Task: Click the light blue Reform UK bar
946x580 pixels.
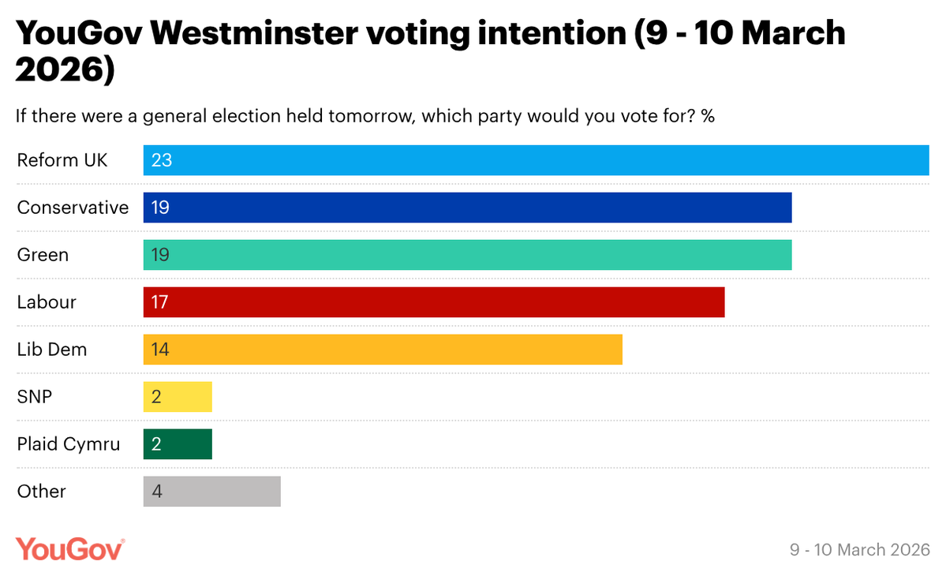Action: (537, 160)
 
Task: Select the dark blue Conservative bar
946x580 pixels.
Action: (467, 208)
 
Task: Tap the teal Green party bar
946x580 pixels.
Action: (467, 255)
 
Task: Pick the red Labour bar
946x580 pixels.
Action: (434, 302)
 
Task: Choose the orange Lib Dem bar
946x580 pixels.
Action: (383, 350)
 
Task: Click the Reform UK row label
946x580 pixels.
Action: (62, 160)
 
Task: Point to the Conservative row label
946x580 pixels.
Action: (73, 208)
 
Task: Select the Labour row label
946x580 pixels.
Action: (47, 302)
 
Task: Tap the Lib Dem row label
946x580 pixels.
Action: (52, 350)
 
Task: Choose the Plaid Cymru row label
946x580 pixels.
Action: (69, 444)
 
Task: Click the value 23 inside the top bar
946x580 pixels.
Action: (162, 160)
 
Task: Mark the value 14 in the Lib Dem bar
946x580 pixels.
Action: (161, 350)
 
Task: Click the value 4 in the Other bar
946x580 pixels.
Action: (157, 492)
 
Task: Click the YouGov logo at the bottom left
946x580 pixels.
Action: (70, 548)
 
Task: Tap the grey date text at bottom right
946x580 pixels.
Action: (860, 549)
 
